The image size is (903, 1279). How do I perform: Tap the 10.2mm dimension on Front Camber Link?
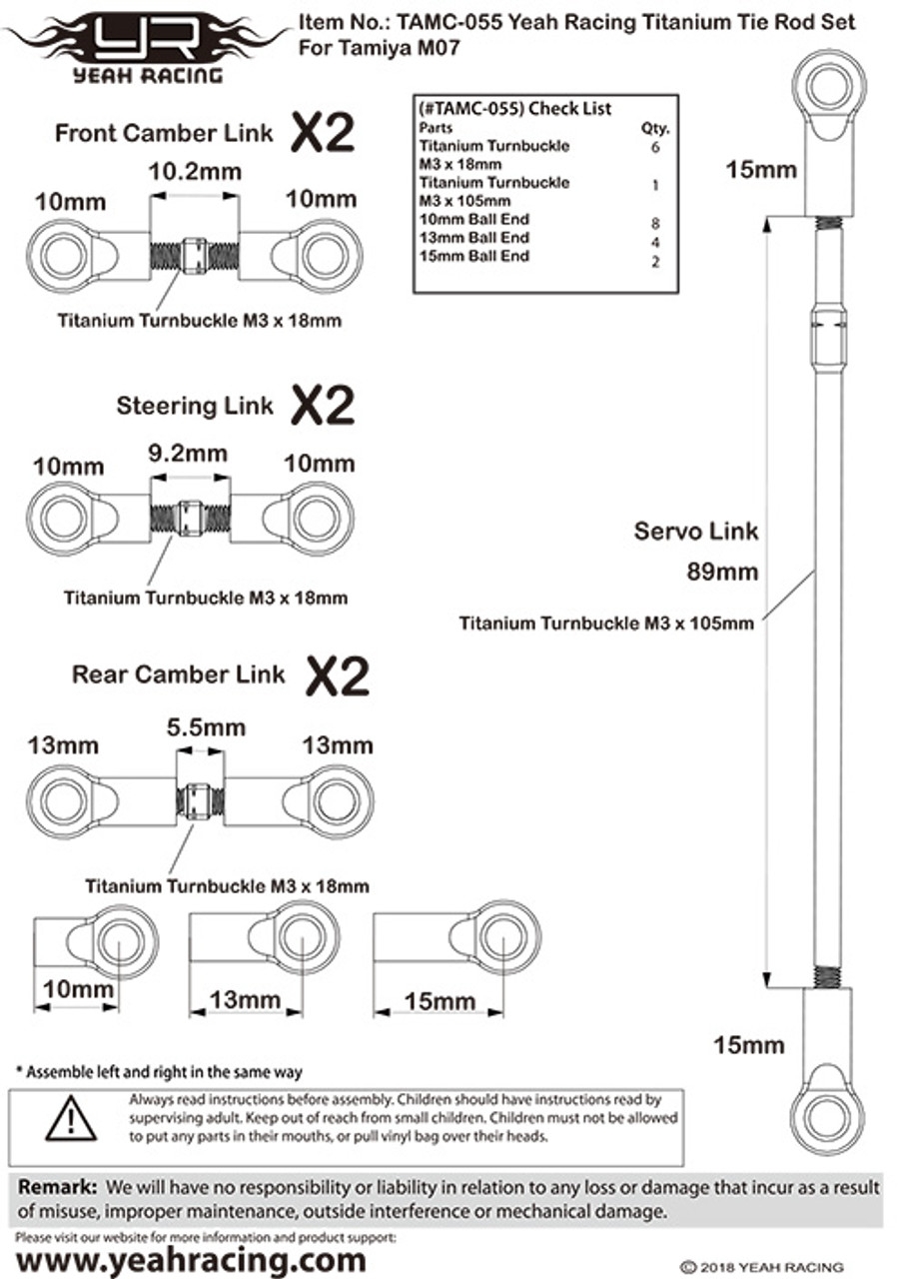[195, 171]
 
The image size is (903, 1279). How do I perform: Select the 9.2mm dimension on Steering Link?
[188, 454]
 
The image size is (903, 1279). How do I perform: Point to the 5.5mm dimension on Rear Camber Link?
[206, 727]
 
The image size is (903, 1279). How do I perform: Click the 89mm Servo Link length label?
[722, 572]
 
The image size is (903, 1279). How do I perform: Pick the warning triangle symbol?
[71, 1118]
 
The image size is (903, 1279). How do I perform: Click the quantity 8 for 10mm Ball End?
[655, 223]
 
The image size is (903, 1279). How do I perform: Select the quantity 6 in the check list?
[655, 147]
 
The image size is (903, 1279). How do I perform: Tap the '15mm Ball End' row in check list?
[474, 256]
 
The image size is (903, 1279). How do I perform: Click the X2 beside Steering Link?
[323, 405]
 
